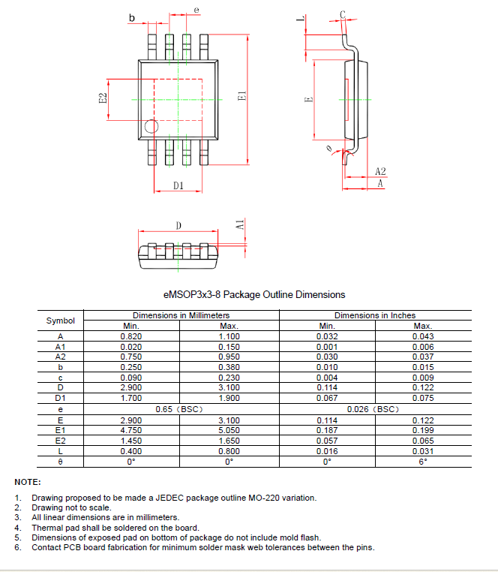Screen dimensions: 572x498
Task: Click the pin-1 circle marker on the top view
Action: (151, 127)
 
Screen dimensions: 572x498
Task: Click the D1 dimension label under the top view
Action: (178, 185)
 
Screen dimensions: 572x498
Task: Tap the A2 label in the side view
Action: (380, 172)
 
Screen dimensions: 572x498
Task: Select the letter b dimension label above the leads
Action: (132, 18)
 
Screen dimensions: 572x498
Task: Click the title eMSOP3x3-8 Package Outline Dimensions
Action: (254, 294)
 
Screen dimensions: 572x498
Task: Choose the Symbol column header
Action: (61, 321)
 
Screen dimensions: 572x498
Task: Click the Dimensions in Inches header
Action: (375, 315)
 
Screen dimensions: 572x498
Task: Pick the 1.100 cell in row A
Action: (229, 336)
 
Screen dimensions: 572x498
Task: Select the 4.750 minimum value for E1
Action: (131, 430)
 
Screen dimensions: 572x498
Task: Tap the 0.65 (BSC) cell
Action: (179, 409)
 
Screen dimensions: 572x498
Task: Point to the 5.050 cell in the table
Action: (229, 430)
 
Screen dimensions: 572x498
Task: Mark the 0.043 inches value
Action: (423, 336)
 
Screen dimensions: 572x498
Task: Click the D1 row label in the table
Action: (61, 398)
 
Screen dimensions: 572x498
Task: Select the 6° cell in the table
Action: (423, 462)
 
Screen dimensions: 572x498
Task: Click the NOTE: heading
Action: (28, 482)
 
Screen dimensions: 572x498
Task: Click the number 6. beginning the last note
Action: (17, 547)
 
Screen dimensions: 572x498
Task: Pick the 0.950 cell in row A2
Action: (229, 357)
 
